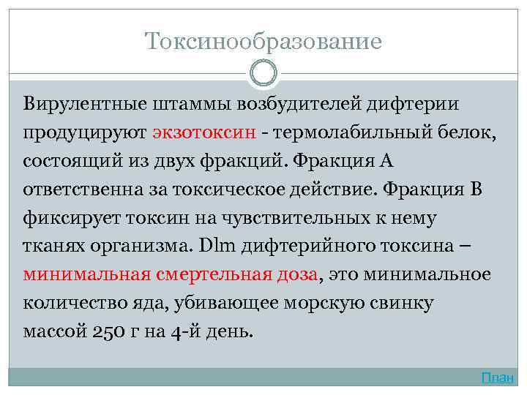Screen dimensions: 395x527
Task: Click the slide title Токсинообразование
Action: click(x=263, y=40)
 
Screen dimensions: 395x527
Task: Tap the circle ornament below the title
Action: click(x=263, y=73)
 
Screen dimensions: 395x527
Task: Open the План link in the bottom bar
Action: click(x=498, y=378)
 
